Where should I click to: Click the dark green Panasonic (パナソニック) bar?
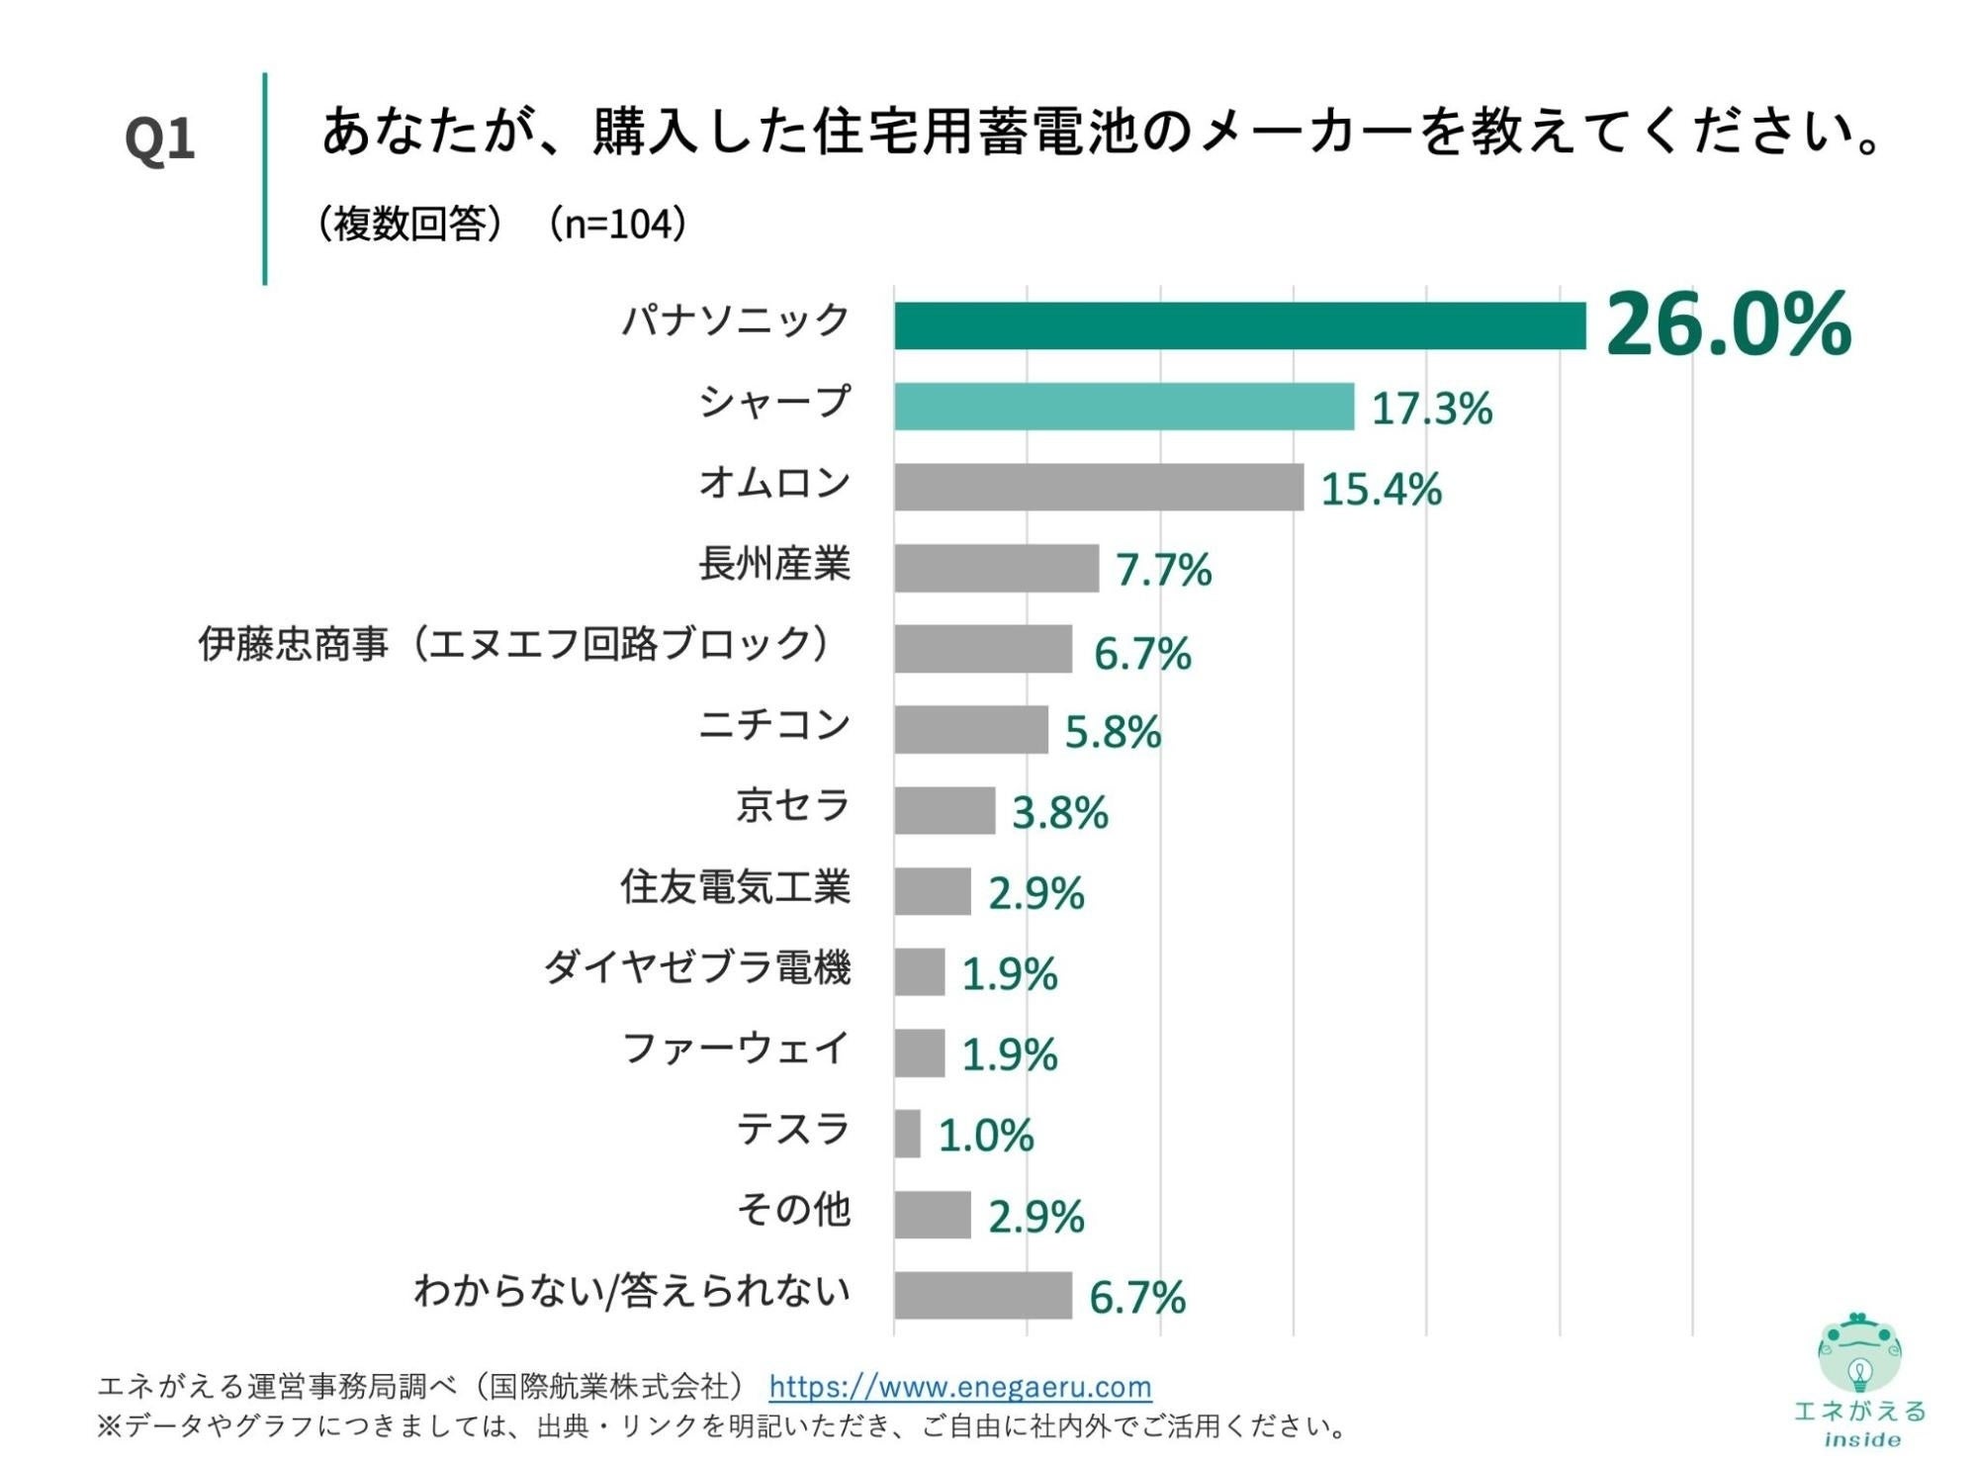[1238, 325]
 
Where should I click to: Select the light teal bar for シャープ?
[1123, 407]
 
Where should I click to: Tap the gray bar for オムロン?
[1098, 487]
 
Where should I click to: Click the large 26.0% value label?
[1727, 324]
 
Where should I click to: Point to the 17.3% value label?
[1430, 409]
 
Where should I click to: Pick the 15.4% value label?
[1381, 490]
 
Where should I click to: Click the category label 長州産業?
[774, 565]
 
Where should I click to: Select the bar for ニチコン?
[970, 730]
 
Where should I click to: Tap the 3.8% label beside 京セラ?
[1059, 813]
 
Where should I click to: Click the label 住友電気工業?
[735, 887]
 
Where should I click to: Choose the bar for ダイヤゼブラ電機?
[919, 972]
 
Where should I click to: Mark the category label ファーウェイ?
[735, 1049]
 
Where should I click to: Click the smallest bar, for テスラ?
[907, 1134]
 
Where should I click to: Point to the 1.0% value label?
[985, 1136]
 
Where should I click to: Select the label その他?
[793, 1210]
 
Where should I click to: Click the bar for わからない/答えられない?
[982, 1296]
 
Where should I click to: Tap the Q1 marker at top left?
[159, 138]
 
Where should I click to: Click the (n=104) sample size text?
[617, 225]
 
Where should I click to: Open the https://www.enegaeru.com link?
[959, 1387]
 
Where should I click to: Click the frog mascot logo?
[1858, 1353]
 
